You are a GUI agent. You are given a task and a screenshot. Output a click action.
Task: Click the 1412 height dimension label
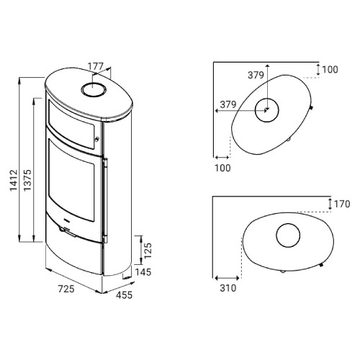coord(14,180)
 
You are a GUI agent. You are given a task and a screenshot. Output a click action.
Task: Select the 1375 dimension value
coord(27,180)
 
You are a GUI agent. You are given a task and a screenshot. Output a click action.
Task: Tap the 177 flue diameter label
coord(95,66)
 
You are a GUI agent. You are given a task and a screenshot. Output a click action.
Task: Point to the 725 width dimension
coord(66,289)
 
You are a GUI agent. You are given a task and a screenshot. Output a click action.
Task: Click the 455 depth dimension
coord(124,295)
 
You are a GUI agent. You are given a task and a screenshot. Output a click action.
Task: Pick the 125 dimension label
coord(148,251)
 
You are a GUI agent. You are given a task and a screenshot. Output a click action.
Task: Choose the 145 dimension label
coord(143,272)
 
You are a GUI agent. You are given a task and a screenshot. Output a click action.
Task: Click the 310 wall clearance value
coord(228,288)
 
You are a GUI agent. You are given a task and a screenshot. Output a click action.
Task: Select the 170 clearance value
coord(342,204)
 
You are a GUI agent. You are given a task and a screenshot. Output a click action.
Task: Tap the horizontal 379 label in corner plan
coord(228,104)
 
